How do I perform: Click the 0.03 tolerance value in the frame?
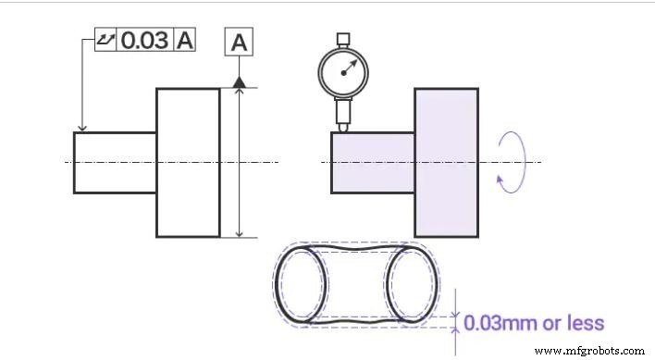click(x=144, y=40)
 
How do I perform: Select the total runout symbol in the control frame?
click(x=106, y=40)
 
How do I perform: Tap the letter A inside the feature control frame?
click(x=185, y=40)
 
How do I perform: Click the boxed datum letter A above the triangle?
click(x=239, y=43)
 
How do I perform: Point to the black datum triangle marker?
click(x=239, y=82)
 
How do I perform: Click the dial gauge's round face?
click(x=343, y=70)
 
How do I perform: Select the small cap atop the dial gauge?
click(x=343, y=39)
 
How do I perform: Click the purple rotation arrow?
click(x=511, y=162)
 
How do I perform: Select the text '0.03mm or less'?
click(x=534, y=324)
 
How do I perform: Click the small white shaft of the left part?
click(x=115, y=162)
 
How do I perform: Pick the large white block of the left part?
click(x=188, y=162)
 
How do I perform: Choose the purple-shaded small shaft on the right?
click(x=373, y=162)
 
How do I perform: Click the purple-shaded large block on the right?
click(x=446, y=162)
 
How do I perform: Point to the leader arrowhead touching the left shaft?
click(x=83, y=128)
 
